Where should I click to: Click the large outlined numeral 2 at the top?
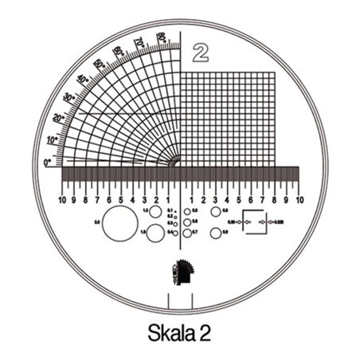(x=200, y=53)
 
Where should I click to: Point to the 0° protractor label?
(x=48, y=162)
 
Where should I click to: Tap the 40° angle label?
(x=82, y=80)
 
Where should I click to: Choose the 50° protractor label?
(x=99, y=64)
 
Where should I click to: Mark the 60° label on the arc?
(x=118, y=51)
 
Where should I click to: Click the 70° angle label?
(x=139, y=41)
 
